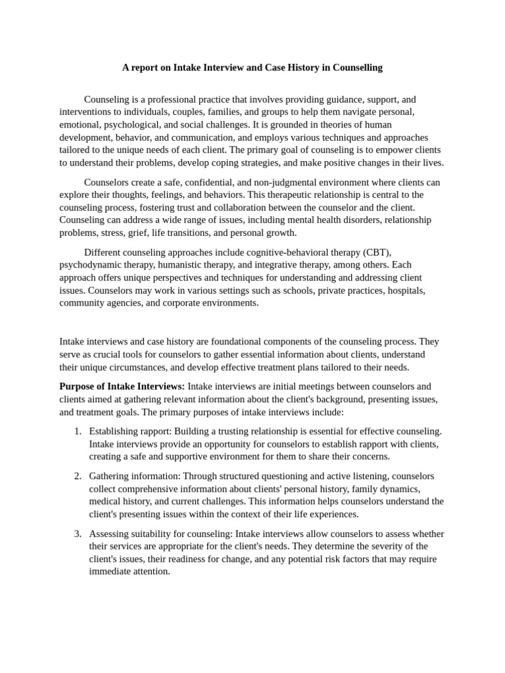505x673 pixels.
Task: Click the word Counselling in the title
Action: coord(358,67)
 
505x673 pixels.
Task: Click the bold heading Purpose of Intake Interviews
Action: coord(122,386)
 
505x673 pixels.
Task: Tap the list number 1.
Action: coord(77,430)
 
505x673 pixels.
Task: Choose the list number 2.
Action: coord(77,475)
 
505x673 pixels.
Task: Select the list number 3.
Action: coord(77,533)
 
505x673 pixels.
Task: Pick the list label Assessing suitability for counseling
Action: coord(160,533)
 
